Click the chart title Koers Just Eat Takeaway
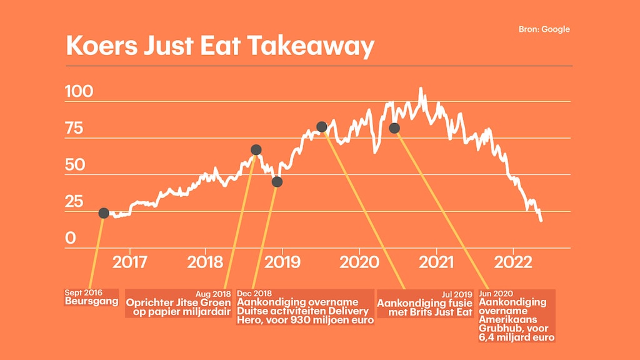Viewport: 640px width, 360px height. (x=220, y=47)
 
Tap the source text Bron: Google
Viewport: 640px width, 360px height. (x=544, y=29)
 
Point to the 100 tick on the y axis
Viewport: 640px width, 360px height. (x=79, y=92)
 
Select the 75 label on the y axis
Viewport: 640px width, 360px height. (x=74, y=129)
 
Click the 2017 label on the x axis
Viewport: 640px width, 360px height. (x=130, y=262)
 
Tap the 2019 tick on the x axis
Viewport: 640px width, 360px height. (x=283, y=262)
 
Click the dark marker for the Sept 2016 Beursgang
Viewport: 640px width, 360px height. (x=104, y=213)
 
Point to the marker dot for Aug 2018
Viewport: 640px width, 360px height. (x=256, y=150)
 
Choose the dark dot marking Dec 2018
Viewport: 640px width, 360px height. (x=277, y=182)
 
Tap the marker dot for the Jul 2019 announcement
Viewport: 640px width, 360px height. (x=322, y=127)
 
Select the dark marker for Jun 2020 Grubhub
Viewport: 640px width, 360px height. (x=394, y=128)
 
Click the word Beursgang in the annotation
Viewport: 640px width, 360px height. (x=92, y=301)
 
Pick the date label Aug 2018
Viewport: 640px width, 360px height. (x=214, y=293)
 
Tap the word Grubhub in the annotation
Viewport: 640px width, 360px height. (x=501, y=328)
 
